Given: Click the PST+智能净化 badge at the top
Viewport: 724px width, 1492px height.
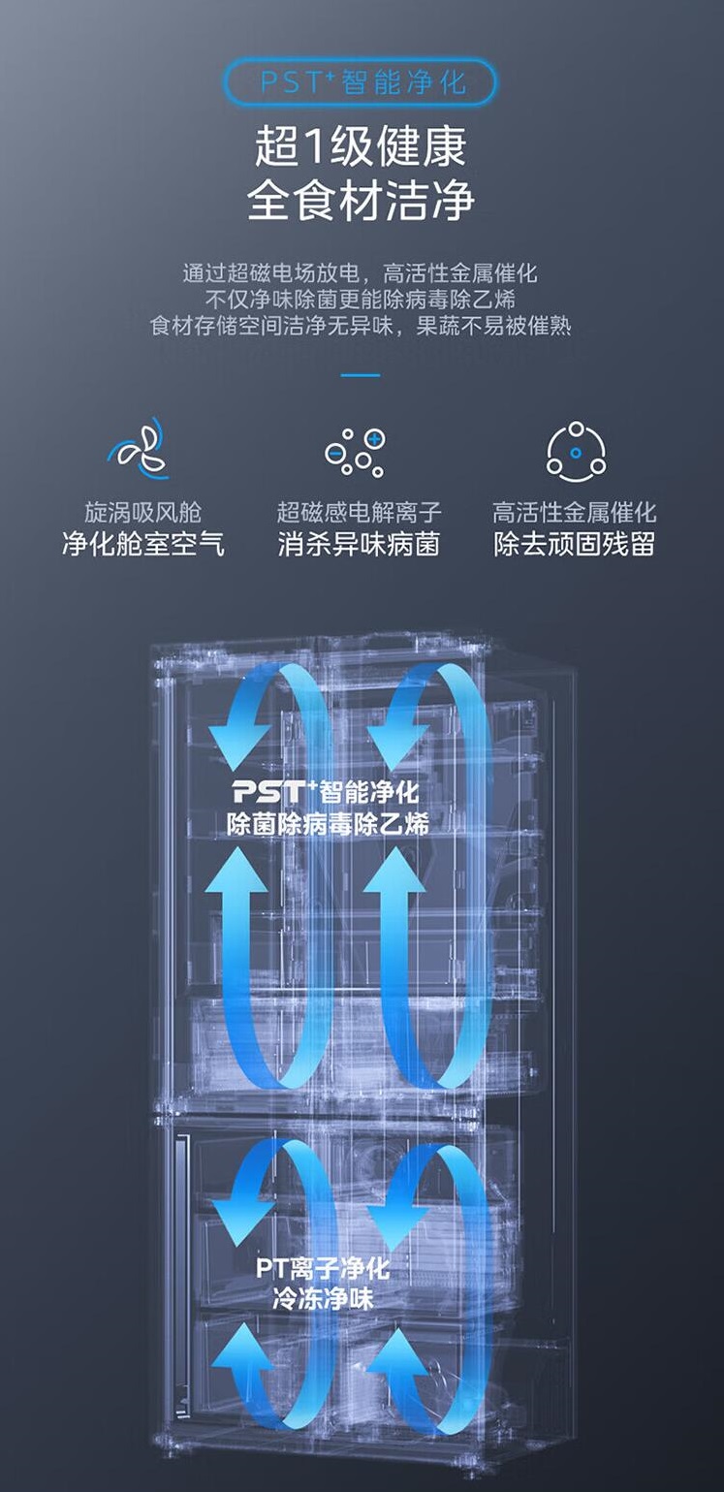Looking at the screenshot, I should pyautogui.click(x=361, y=81).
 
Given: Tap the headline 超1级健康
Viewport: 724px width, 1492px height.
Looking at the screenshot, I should pyautogui.click(x=361, y=147).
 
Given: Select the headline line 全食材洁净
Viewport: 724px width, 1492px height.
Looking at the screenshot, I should pyautogui.click(x=361, y=200).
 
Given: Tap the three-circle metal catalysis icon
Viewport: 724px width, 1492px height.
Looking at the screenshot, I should pyautogui.click(x=576, y=451).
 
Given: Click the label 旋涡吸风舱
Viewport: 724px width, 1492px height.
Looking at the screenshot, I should pyautogui.click(x=142, y=511).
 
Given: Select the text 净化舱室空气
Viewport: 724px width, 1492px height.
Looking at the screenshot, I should pyautogui.click(x=142, y=545).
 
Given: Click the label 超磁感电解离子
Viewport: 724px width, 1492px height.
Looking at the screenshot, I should pyautogui.click(x=359, y=511).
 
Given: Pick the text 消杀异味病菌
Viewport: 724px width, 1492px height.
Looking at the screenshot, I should pyautogui.click(x=359, y=545).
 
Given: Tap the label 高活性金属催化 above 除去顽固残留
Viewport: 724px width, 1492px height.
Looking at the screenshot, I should pyautogui.click(x=575, y=511).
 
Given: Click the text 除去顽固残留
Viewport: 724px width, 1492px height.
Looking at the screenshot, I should pyautogui.click(x=575, y=545).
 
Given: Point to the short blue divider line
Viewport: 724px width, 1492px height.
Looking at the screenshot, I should pyautogui.click(x=361, y=375).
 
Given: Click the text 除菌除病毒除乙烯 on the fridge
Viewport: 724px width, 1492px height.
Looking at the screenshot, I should pyautogui.click(x=328, y=825).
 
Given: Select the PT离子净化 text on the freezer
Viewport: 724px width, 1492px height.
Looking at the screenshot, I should pyautogui.click(x=323, y=1268).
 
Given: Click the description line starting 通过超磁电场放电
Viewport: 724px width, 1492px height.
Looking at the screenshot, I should pyautogui.click(x=361, y=272).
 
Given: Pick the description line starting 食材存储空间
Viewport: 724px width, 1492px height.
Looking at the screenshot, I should pyautogui.click(x=361, y=326).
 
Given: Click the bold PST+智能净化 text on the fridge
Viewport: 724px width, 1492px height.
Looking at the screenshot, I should pyautogui.click(x=326, y=792).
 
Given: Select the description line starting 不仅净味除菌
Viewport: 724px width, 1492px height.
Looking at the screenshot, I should pyautogui.click(x=361, y=299).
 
